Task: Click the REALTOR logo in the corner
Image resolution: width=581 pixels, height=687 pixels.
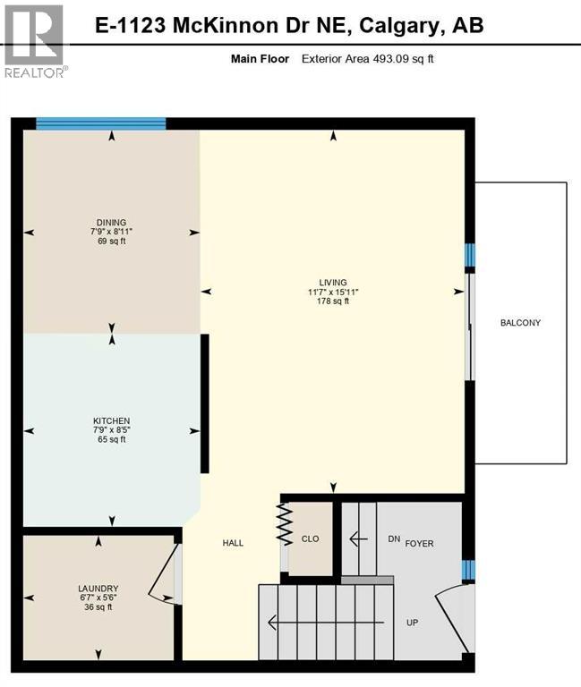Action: tap(34, 41)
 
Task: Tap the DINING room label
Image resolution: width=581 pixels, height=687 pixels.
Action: tap(112, 223)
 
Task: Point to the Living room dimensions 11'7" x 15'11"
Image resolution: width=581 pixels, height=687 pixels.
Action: tap(333, 292)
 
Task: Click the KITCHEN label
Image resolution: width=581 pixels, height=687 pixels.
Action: tap(112, 420)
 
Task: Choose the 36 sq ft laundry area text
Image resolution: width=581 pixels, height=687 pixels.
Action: tap(98, 607)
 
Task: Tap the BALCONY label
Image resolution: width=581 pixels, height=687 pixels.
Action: tap(520, 323)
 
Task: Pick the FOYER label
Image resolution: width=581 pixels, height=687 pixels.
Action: tap(419, 543)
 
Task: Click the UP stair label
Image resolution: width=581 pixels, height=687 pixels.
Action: tap(412, 622)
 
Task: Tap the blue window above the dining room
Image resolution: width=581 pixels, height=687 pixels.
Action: tap(100, 124)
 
